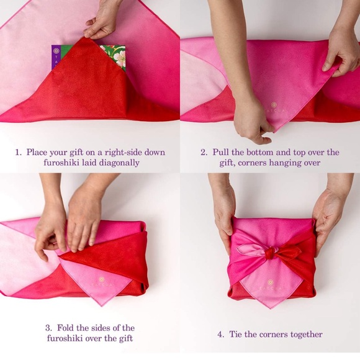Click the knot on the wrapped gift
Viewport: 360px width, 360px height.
coord(270,253)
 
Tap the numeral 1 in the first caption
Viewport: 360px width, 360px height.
coord(17,153)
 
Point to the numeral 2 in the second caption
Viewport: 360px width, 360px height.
coord(203,153)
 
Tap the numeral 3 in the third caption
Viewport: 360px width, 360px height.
coord(48,328)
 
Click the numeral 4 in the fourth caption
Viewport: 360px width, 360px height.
coord(220,335)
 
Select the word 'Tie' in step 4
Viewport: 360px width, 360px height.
coord(236,334)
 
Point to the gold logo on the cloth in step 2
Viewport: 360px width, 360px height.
coord(274,105)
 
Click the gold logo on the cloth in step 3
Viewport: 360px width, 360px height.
coord(102,279)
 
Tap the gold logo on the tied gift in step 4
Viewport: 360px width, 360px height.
coord(270,282)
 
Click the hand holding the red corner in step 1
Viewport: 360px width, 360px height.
coord(102,21)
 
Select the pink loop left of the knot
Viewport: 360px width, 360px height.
coord(251,251)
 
